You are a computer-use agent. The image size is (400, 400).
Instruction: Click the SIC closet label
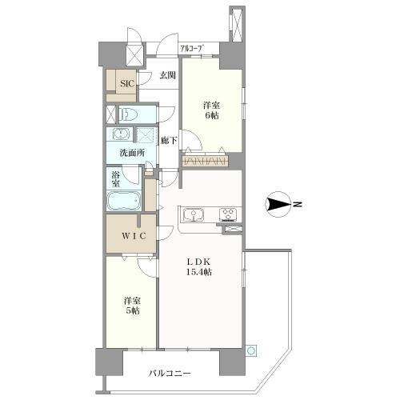click(x=126, y=84)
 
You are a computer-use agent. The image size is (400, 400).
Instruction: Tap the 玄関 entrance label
click(x=167, y=75)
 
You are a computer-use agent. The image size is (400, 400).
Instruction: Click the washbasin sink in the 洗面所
click(x=121, y=134)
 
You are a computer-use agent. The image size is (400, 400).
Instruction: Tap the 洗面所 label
click(x=133, y=153)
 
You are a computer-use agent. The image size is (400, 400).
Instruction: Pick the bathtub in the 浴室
click(x=124, y=201)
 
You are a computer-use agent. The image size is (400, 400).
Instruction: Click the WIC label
click(x=134, y=236)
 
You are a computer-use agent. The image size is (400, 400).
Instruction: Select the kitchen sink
click(x=193, y=214)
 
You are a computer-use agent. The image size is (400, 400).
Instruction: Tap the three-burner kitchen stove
click(x=228, y=214)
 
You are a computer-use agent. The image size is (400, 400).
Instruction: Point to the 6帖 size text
click(x=212, y=116)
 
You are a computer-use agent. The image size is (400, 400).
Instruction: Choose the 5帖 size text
click(x=133, y=310)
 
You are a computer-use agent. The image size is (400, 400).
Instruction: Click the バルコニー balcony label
click(x=170, y=373)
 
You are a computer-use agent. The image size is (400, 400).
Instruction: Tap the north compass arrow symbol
click(x=278, y=204)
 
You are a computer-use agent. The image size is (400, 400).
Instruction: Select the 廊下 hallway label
click(x=169, y=141)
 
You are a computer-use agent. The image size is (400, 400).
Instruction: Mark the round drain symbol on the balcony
click(x=251, y=351)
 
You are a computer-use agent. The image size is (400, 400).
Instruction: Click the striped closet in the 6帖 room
click(x=206, y=161)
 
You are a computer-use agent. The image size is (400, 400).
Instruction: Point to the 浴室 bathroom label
click(x=115, y=179)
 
